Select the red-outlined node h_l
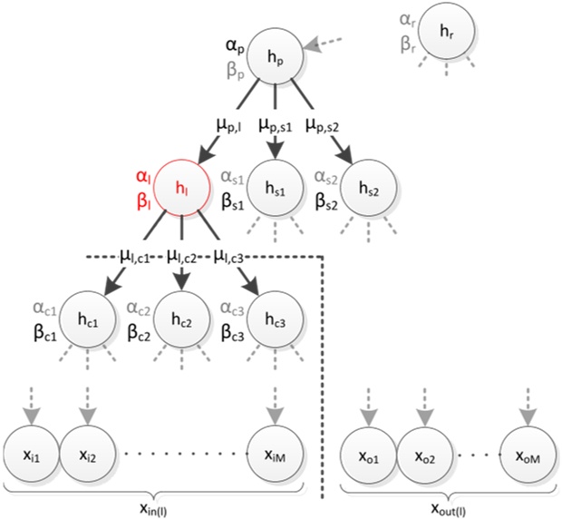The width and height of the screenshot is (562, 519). (183, 190)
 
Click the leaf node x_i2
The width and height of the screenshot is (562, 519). (87, 450)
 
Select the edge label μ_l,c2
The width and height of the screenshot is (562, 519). (184, 257)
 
